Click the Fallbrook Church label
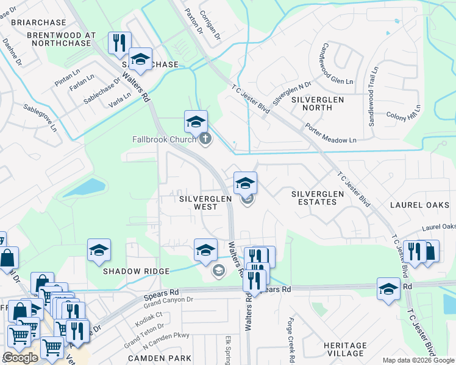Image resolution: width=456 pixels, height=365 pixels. point(163,139)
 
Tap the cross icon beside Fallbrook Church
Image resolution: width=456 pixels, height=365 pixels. point(205,139)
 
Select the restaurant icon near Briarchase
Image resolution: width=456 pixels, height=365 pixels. point(118,43)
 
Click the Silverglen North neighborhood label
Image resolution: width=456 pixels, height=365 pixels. point(318,103)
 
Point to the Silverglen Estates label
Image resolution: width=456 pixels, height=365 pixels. point(318,198)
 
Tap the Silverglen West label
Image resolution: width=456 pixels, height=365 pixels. point(198,203)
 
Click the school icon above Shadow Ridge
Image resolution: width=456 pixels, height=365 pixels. point(99,250)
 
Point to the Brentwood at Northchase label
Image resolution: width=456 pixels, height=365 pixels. point(62,40)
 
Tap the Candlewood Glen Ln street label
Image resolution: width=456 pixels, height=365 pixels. point(337,64)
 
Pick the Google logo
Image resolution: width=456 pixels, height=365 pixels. point(20,358)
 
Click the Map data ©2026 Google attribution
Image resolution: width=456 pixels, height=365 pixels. point(418,361)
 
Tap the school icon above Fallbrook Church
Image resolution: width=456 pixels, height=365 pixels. point(196,122)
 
